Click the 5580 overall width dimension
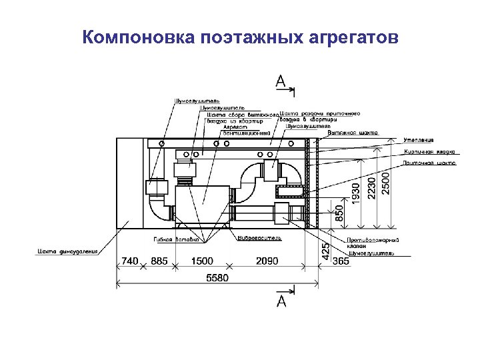click(218, 277)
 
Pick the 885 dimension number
click(159, 261)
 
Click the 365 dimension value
click(340, 261)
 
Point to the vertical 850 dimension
click(339, 213)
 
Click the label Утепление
click(419, 140)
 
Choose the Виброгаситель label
click(260, 237)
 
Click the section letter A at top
click(281, 81)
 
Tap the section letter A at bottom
click(281, 301)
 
